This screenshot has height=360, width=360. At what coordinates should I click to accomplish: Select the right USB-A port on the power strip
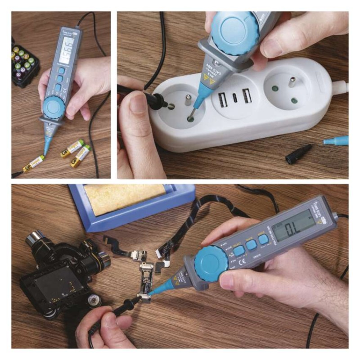(247, 96)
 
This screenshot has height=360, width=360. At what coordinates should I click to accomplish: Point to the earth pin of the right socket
(292, 83)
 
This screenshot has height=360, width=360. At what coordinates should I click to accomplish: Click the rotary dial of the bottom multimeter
(211, 263)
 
